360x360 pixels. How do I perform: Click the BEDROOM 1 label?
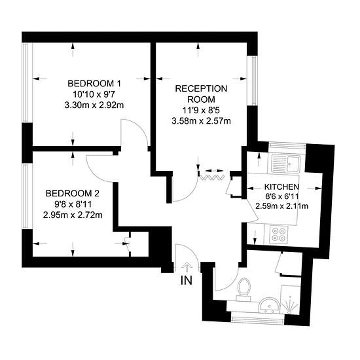pos(94,83)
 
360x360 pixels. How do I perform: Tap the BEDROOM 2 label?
pos(73,193)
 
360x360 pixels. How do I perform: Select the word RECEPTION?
pos(201,88)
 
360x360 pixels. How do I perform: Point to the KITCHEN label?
pos(281,187)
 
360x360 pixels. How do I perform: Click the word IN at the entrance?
pos(187,280)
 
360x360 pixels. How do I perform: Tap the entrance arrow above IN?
pos(187,267)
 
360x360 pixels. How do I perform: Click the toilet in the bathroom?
pos(244,289)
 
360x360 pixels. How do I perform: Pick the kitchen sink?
pos(285,164)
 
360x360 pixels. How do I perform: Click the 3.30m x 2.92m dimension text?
pos(94,105)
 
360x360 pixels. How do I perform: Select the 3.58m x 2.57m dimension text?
pos(201,121)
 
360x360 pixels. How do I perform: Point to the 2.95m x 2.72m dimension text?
pos(73,215)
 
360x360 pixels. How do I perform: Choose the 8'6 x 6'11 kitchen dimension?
pos(281,196)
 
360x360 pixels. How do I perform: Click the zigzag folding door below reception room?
pos(211,177)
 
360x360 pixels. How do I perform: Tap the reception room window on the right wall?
pos(253,81)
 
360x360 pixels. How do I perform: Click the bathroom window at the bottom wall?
pos(257,319)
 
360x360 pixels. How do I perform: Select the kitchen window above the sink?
pos(287,146)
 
